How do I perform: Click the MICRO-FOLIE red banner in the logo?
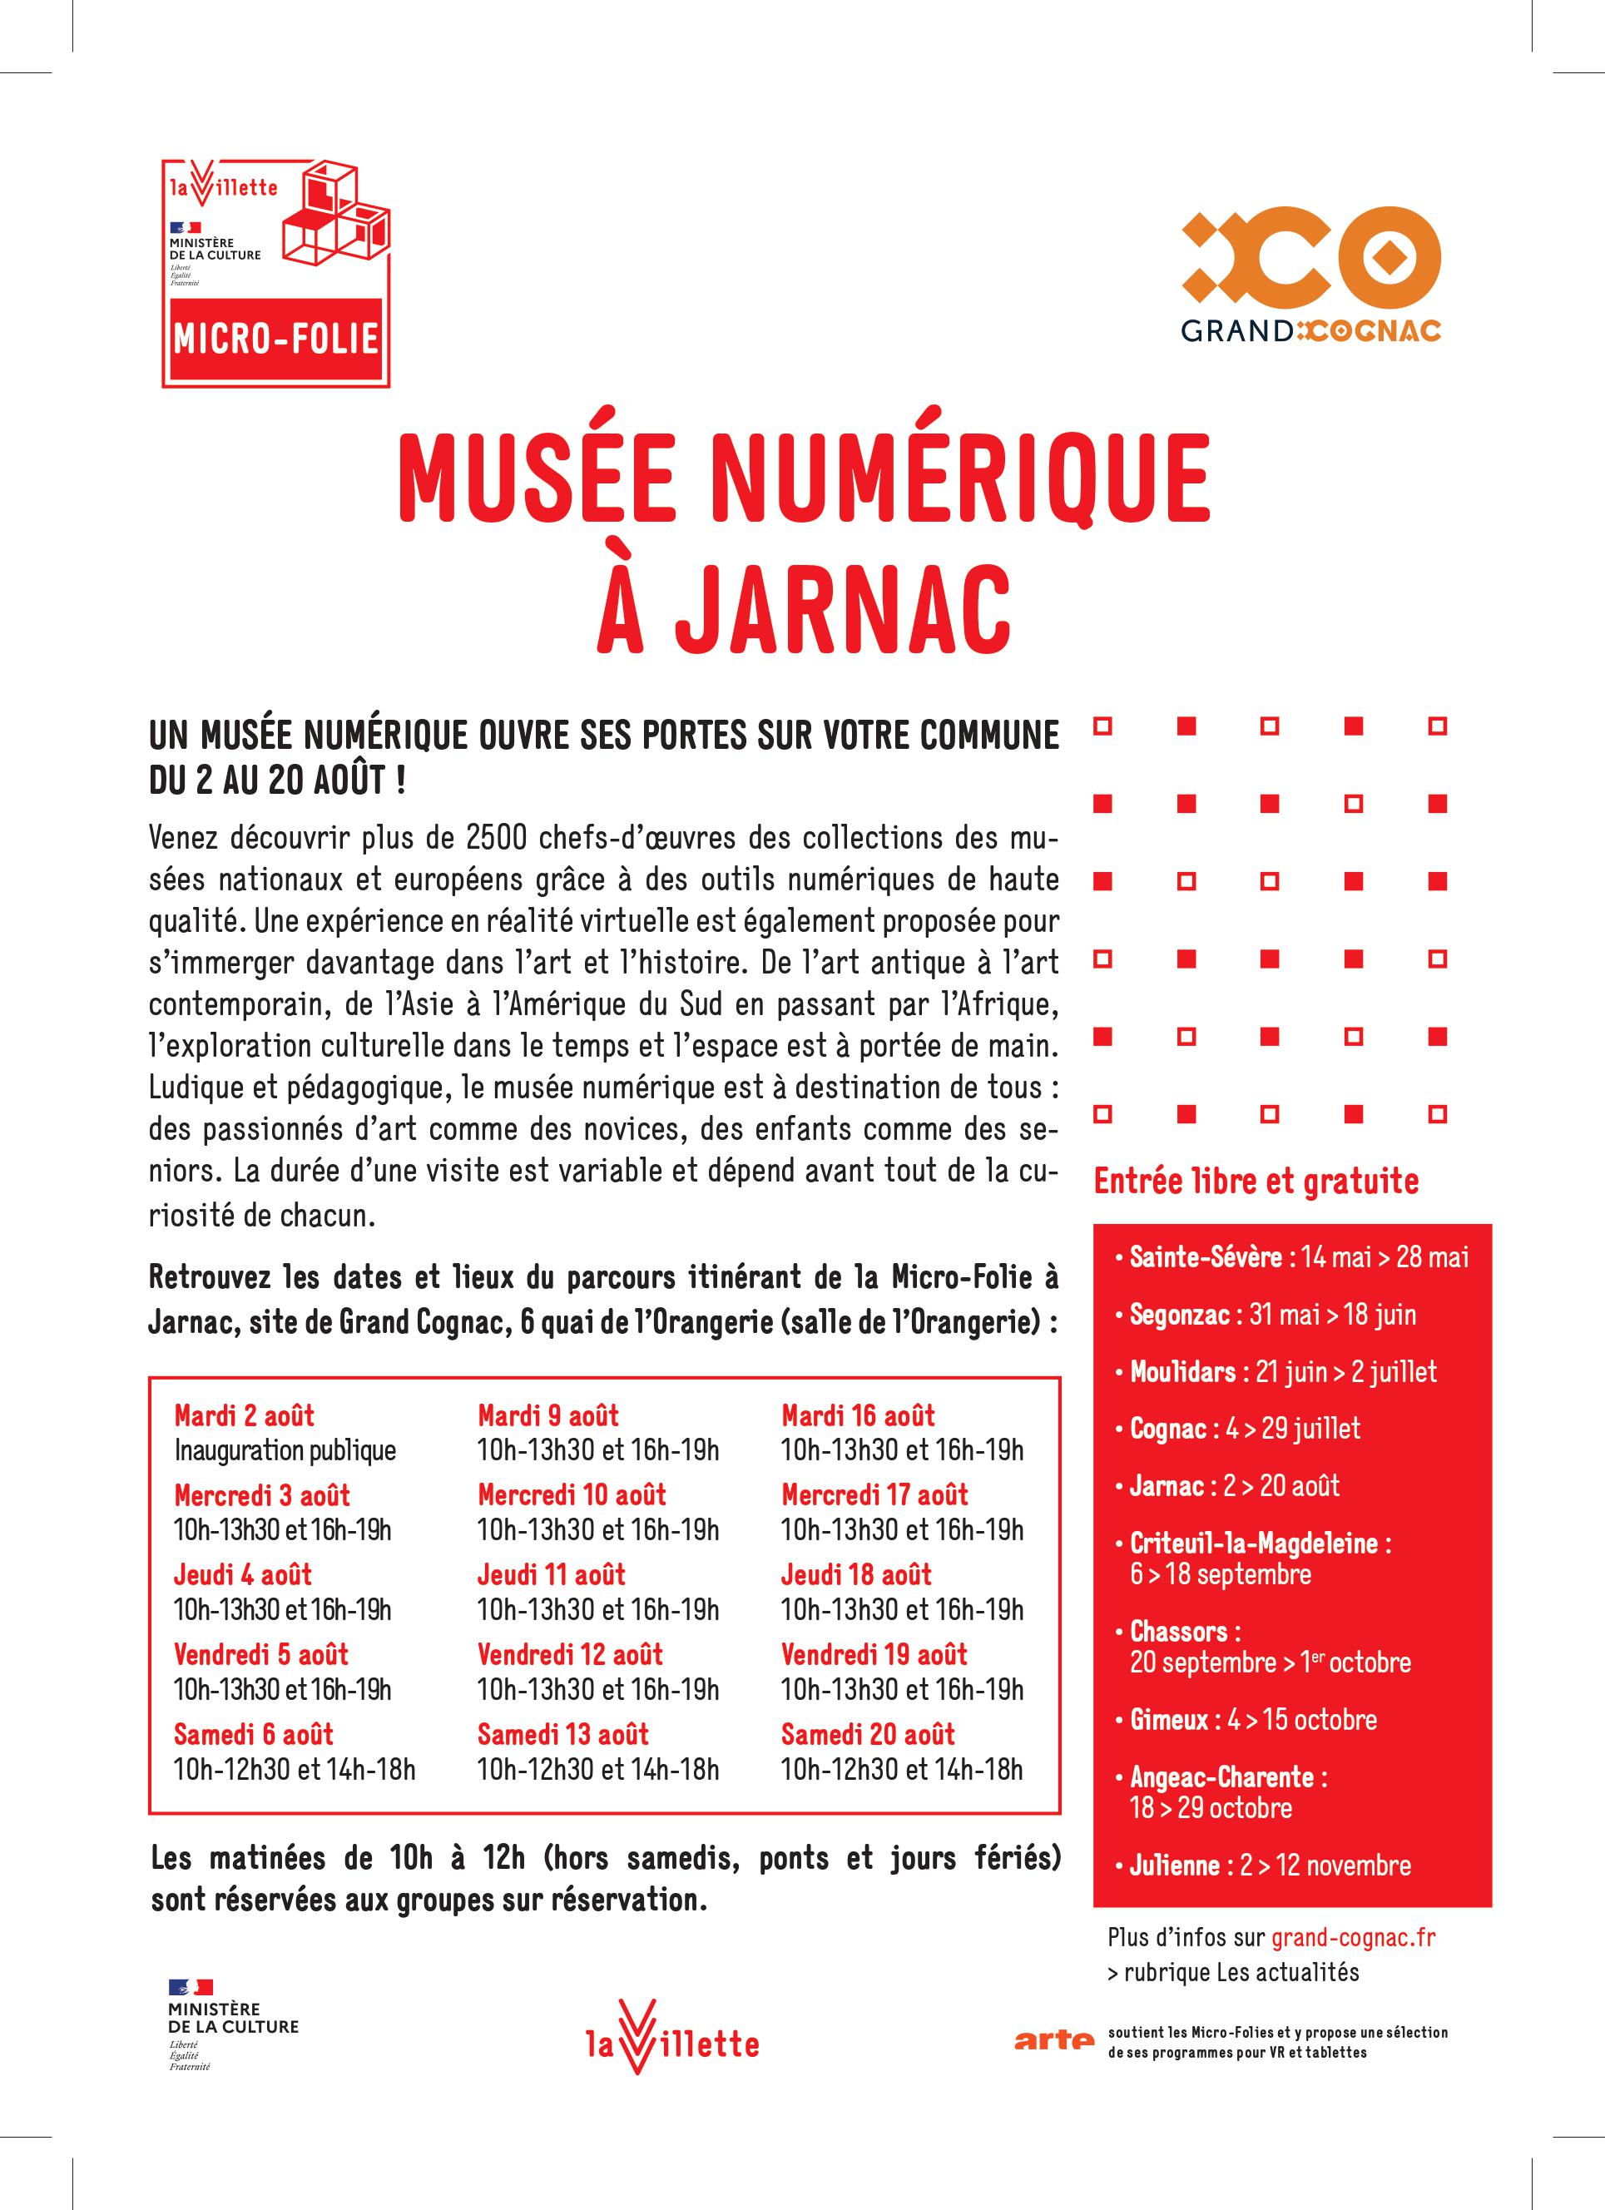(275, 338)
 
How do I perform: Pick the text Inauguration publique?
(285, 1450)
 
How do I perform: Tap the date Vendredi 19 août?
(874, 1653)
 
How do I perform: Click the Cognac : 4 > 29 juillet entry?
(1245, 1429)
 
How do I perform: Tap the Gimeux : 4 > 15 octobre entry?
(1253, 1719)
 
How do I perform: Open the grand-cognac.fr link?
(1353, 1937)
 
